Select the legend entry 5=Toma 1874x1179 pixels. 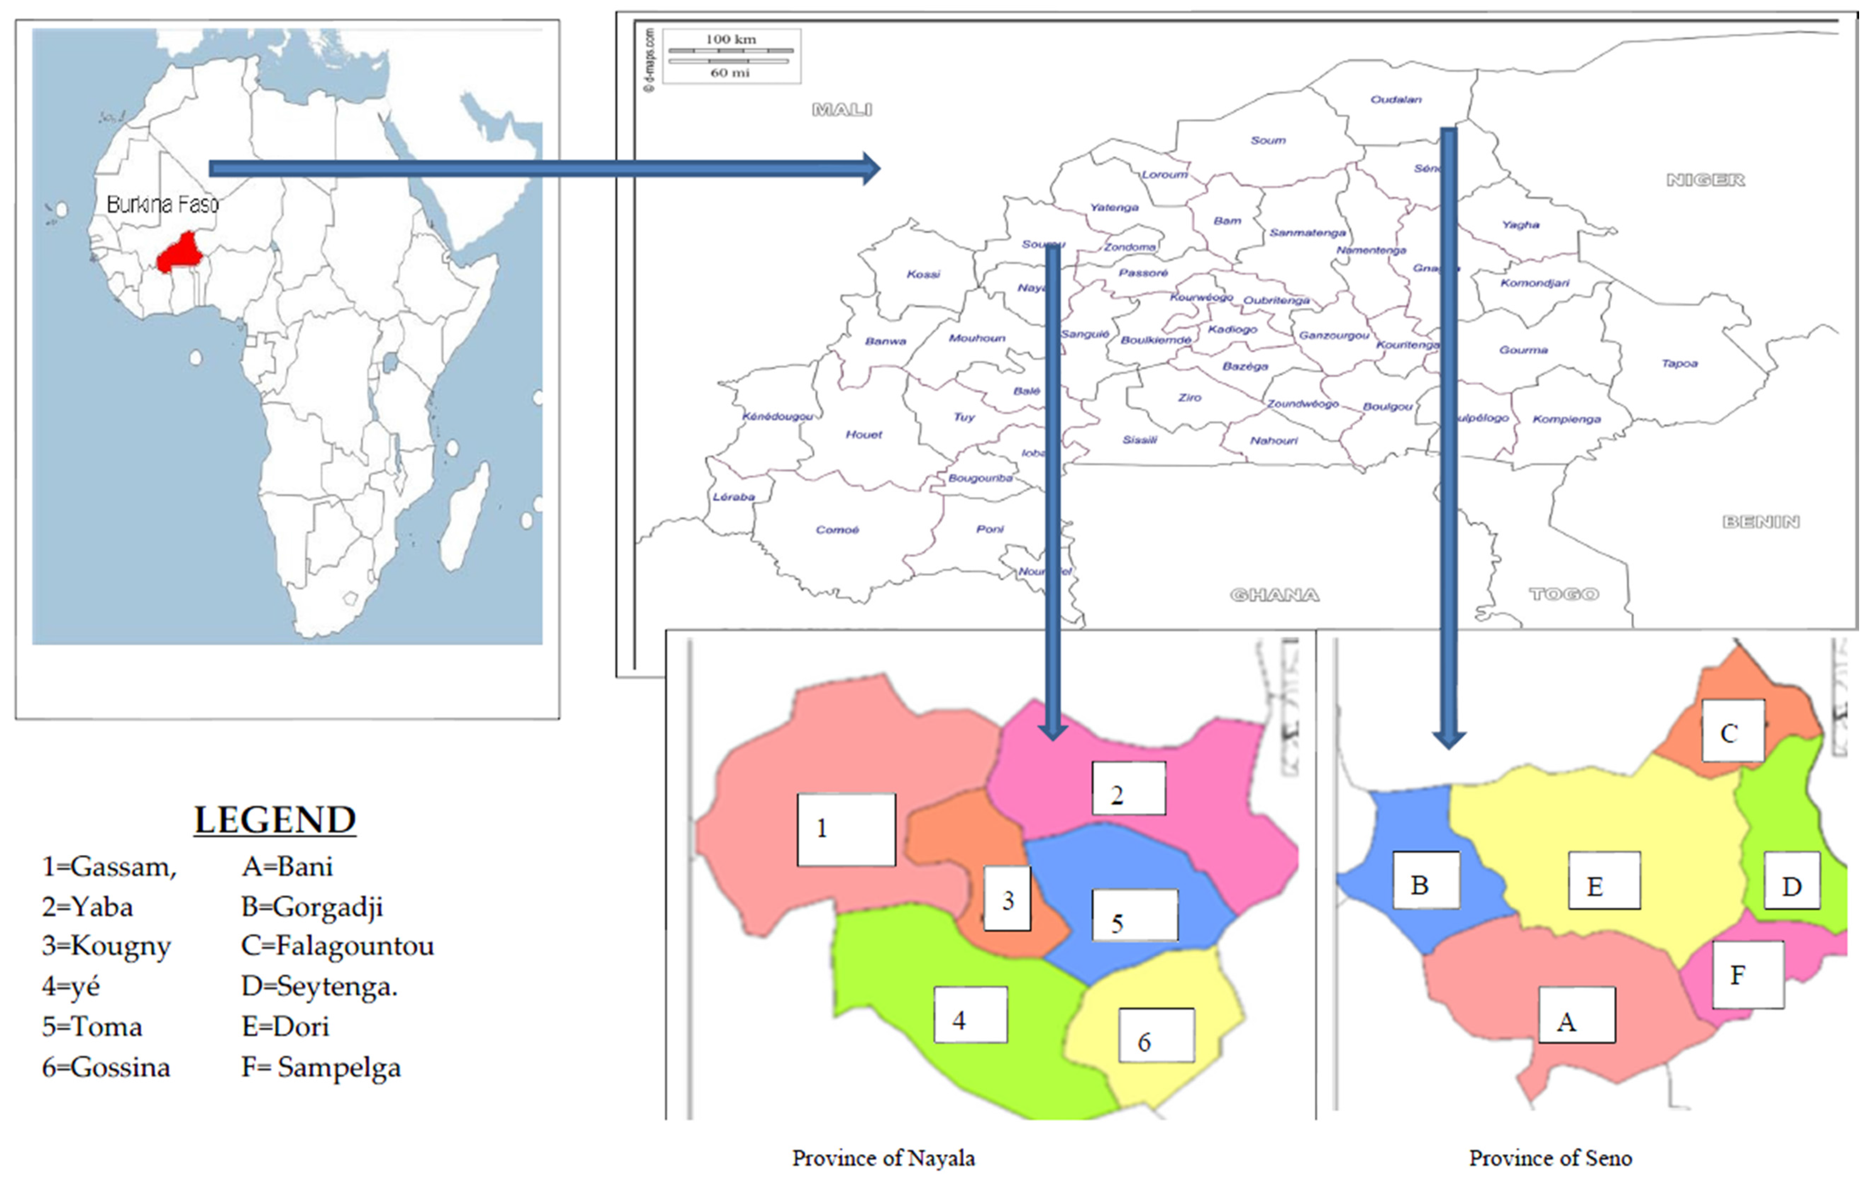click(x=92, y=1027)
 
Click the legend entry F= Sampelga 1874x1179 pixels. click(x=321, y=1067)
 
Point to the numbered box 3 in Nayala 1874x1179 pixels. click(x=1007, y=900)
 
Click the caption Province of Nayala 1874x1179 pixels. click(x=883, y=1158)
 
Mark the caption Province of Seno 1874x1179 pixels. click(x=1550, y=1158)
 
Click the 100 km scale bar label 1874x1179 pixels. click(x=730, y=39)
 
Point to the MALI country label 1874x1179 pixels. click(x=842, y=110)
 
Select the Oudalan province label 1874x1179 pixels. click(x=1395, y=100)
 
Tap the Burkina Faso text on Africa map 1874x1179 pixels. click(x=163, y=205)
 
